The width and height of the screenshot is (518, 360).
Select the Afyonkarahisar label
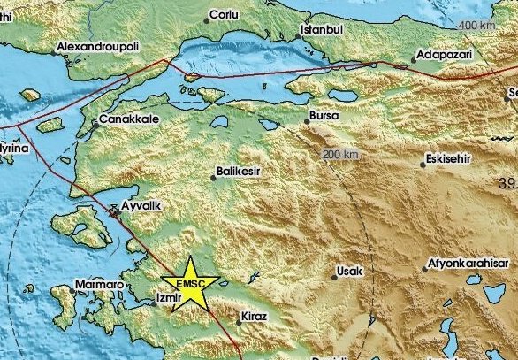[x=471, y=263]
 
